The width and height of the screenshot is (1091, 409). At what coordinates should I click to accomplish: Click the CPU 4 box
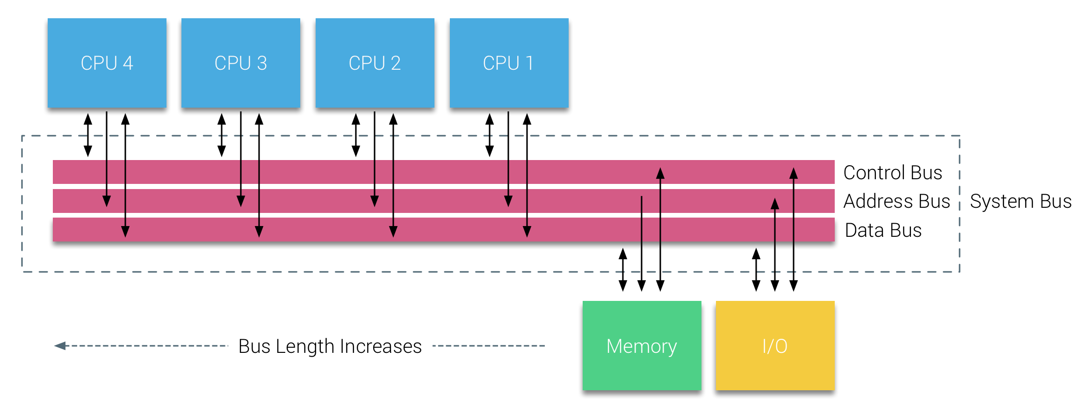107,63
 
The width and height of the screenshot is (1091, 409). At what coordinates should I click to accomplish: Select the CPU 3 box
240,63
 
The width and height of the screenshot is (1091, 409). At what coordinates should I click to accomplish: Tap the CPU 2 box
375,63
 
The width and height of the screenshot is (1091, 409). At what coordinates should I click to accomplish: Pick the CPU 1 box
509,63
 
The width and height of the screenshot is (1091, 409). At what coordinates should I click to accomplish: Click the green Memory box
642,345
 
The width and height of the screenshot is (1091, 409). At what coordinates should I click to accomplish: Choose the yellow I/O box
775,345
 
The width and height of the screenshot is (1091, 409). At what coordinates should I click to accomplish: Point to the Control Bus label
892,173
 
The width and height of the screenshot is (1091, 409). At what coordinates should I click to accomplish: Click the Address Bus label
896,201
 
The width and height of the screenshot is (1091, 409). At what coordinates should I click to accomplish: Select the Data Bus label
883,230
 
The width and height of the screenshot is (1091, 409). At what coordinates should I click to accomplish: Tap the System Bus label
1020,201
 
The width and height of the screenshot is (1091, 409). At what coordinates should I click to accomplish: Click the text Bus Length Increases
330,346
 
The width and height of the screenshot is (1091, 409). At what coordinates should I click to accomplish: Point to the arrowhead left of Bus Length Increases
60,346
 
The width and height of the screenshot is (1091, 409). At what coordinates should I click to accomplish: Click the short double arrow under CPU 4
88,135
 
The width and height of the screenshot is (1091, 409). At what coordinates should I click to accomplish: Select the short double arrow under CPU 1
490,135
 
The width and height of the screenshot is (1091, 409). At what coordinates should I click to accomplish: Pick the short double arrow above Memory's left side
623,270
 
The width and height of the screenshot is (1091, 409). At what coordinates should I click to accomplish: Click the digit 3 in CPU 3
262,63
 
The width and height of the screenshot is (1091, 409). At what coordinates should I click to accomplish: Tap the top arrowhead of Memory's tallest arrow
660,174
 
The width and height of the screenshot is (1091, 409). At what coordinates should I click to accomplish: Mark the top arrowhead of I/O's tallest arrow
794,174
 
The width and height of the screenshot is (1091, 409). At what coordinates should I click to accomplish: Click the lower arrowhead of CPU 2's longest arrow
393,231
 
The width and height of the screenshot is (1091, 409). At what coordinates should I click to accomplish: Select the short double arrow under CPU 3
222,135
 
